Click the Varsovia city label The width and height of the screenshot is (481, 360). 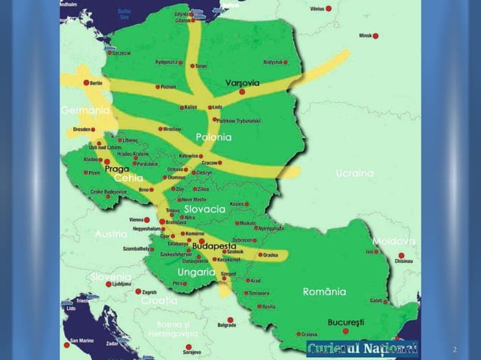(242, 82)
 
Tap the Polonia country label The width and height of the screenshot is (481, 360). (213, 138)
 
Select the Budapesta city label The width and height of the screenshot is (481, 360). (215, 246)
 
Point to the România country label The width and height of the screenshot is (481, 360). (324, 291)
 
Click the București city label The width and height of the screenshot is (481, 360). (345, 322)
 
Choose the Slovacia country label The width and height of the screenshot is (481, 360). (204, 209)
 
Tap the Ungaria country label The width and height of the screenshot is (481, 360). (197, 271)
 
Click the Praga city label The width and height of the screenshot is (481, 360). (117, 169)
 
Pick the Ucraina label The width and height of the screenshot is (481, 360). (354, 173)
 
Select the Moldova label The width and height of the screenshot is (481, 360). (394, 241)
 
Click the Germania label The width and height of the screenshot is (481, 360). (85, 111)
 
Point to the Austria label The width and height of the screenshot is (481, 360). (111, 234)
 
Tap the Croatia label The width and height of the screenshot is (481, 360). (159, 301)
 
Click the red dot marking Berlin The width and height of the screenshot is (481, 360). (86, 82)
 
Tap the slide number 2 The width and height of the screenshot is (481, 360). (454, 350)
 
